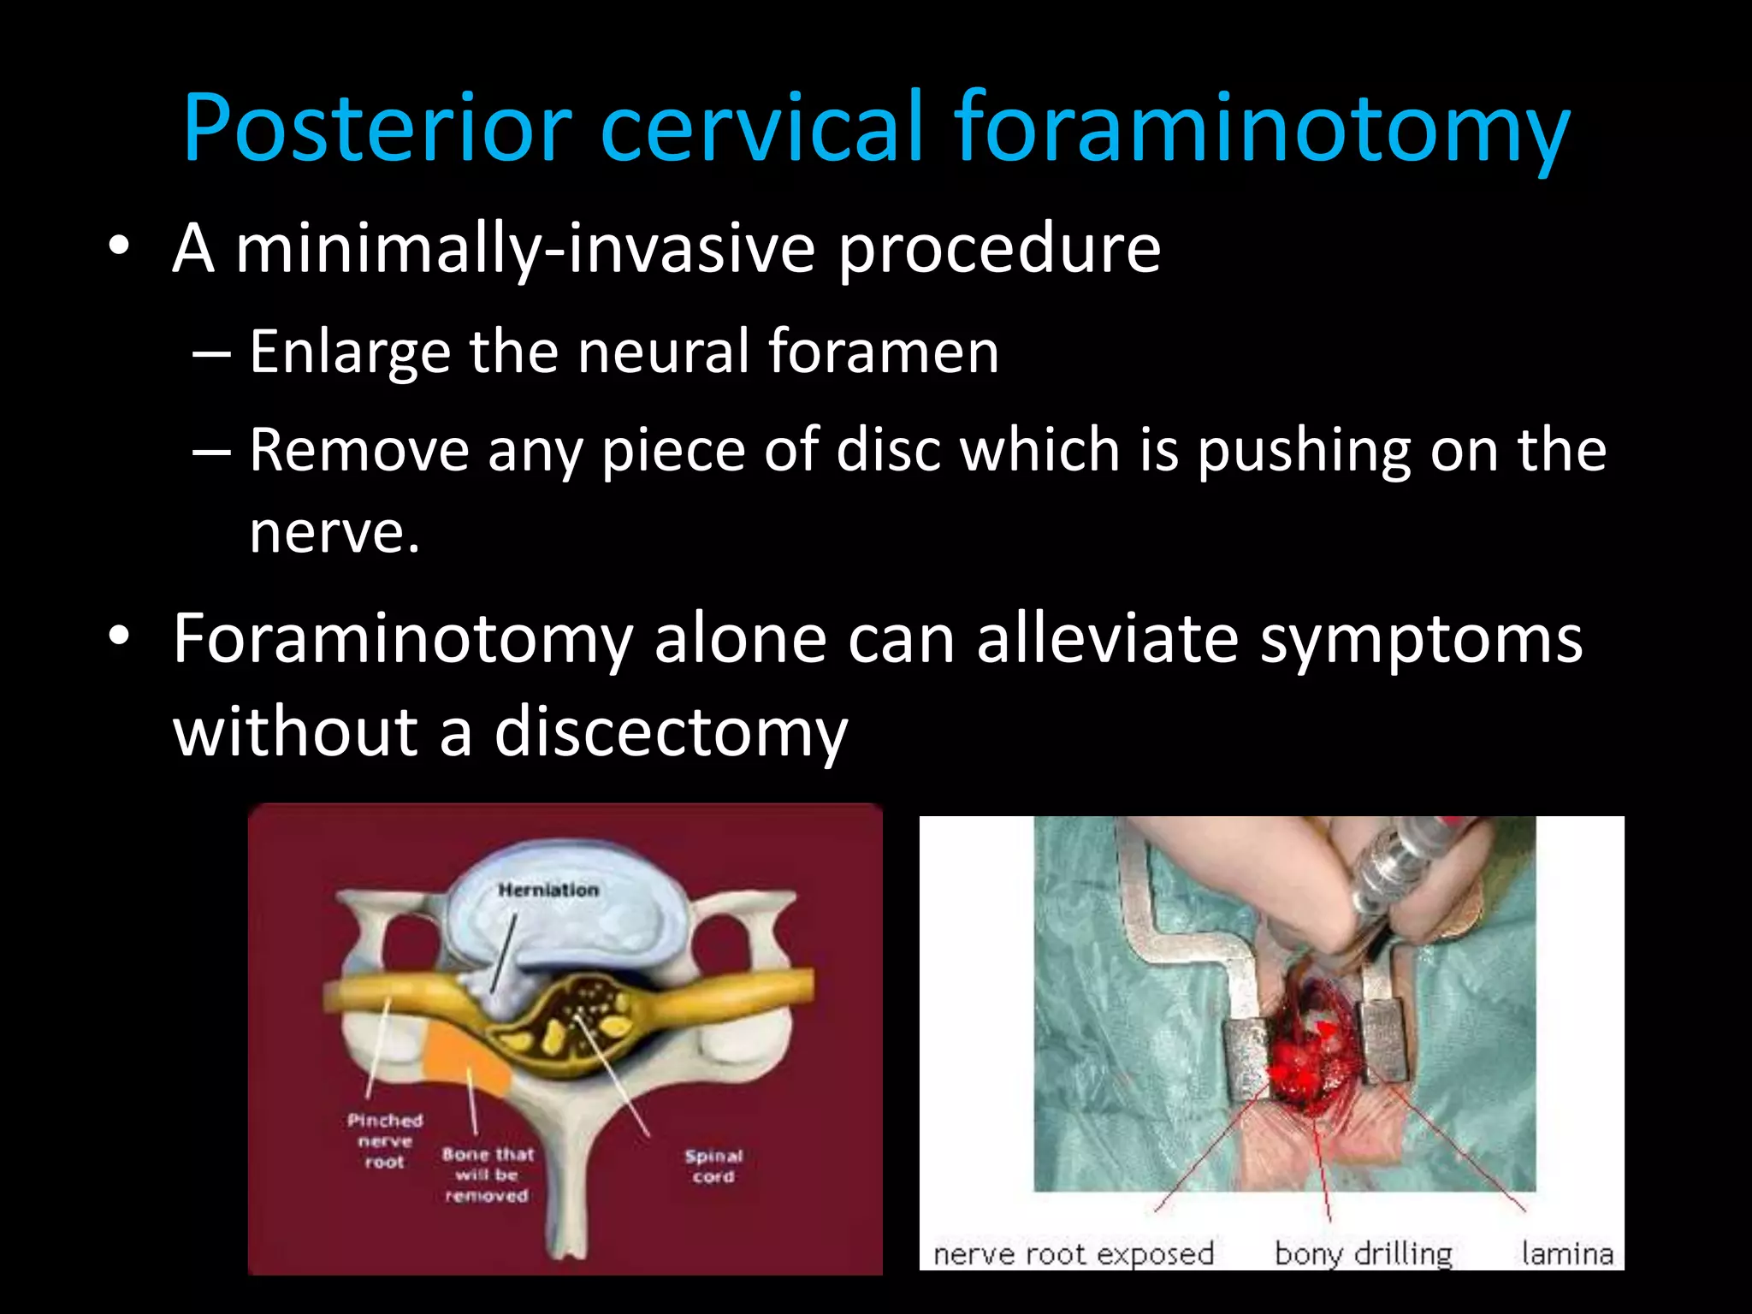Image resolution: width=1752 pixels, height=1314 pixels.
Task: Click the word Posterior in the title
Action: tap(376, 128)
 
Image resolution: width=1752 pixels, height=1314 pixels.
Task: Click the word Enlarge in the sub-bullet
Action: tap(350, 352)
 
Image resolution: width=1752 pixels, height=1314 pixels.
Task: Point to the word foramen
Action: tap(883, 352)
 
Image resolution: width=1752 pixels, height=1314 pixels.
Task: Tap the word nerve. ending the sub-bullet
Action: tap(334, 532)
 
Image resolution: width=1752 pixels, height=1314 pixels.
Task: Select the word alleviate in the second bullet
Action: tap(1107, 639)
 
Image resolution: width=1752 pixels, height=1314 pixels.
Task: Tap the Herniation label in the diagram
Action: tap(548, 891)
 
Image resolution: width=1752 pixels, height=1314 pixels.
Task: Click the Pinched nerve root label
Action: tap(384, 1141)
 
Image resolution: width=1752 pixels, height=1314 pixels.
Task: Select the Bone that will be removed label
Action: tap(487, 1175)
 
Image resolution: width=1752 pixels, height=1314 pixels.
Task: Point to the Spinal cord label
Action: tap(713, 1166)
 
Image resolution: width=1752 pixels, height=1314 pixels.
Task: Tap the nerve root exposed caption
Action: tap(1073, 1254)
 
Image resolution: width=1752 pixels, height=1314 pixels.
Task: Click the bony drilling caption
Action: tap(1364, 1254)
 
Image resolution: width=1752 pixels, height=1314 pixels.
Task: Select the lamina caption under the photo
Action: tap(1566, 1254)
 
